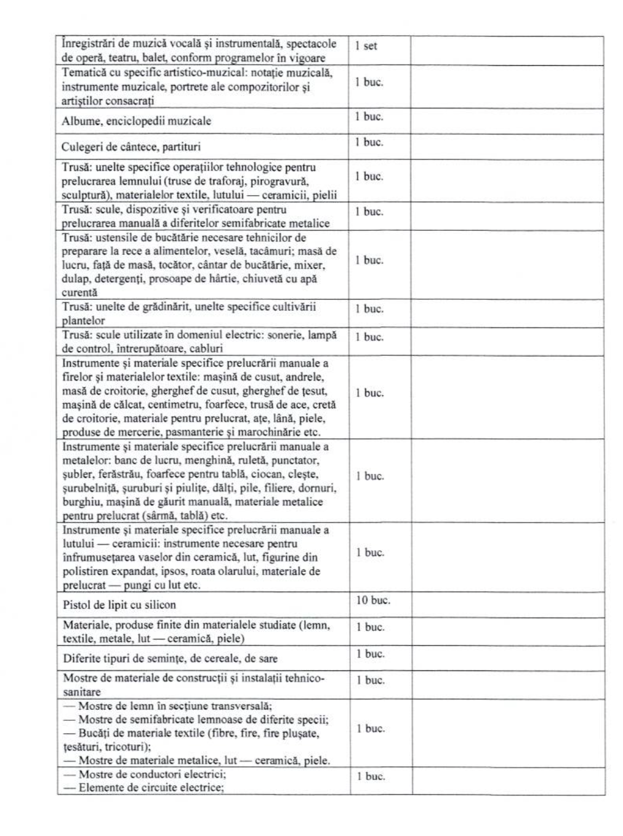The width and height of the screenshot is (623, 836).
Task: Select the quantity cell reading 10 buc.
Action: (x=373, y=600)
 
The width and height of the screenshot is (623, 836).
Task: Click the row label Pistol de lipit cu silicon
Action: (x=119, y=605)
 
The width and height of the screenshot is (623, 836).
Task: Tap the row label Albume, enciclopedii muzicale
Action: (x=136, y=121)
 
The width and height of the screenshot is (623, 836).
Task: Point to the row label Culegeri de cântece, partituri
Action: (x=131, y=147)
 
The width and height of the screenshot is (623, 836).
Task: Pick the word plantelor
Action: (x=83, y=321)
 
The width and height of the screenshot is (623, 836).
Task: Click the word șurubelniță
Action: (x=86, y=488)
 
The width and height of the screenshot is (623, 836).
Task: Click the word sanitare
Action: (x=81, y=692)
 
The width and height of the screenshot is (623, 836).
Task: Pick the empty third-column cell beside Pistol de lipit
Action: (x=507, y=604)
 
